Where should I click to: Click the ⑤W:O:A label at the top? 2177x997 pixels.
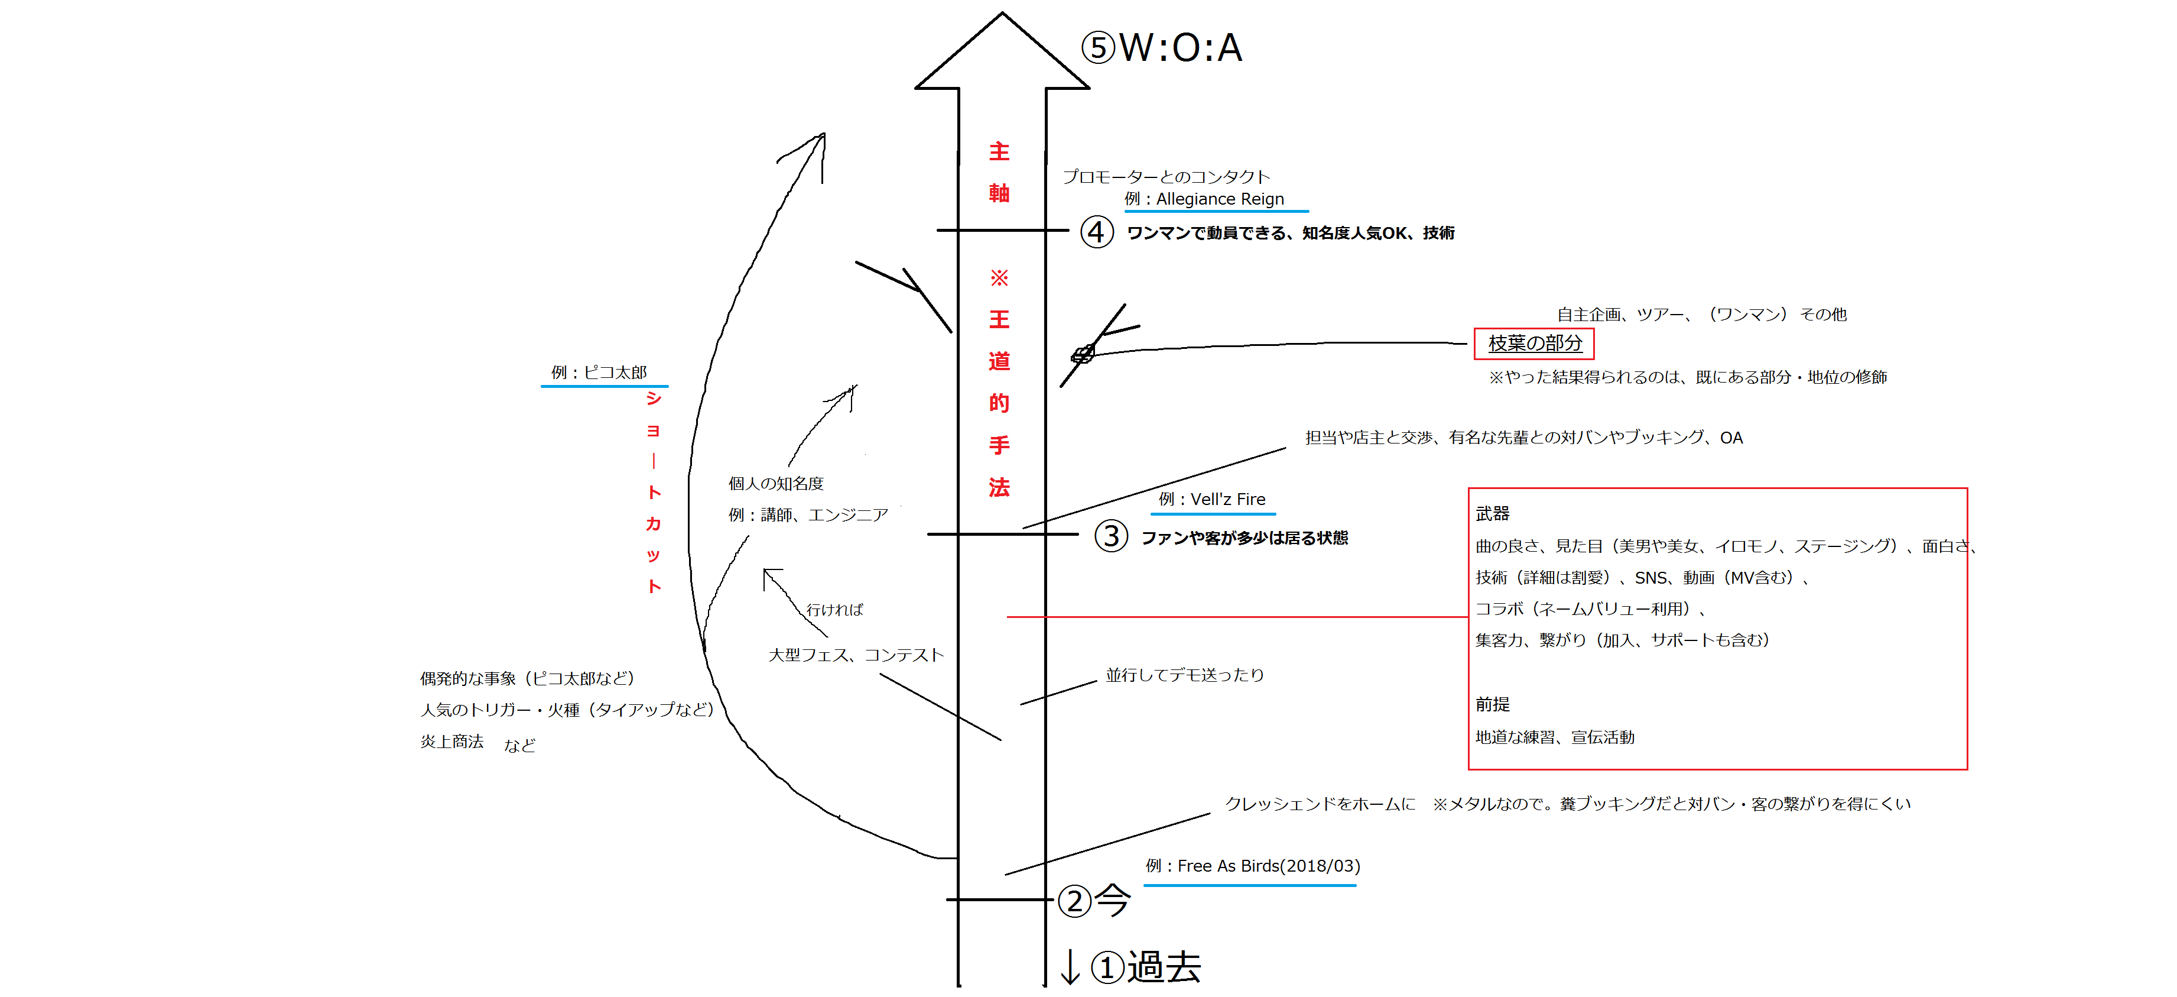coord(1162,48)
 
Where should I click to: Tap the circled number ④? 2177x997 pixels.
coord(1096,232)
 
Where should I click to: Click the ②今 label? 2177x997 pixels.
coord(1094,901)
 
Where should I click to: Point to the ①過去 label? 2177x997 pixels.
coord(1146,967)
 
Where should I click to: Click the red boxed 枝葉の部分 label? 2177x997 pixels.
coord(1534,344)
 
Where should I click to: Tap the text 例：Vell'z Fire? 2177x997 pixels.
coord(1212,499)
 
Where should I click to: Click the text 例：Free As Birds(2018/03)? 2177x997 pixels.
coord(1252,866)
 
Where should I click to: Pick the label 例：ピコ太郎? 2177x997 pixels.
coord(599,372)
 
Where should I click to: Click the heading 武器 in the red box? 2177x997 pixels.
coord(1493,513)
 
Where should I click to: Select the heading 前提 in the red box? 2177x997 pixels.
coord(1493,704)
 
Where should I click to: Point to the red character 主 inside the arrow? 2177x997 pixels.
coord(999,151)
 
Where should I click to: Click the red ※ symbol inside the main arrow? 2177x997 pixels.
coord(999,277)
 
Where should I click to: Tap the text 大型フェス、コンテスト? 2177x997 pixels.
coord(855,655)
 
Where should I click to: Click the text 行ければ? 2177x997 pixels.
coord(834,610)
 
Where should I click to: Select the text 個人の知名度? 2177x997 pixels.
coord(776,484)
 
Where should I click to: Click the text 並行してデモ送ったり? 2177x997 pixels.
coord(1185,675)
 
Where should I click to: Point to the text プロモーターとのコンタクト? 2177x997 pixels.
coord(1167,177)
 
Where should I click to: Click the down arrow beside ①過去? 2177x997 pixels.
coord(1070,967)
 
